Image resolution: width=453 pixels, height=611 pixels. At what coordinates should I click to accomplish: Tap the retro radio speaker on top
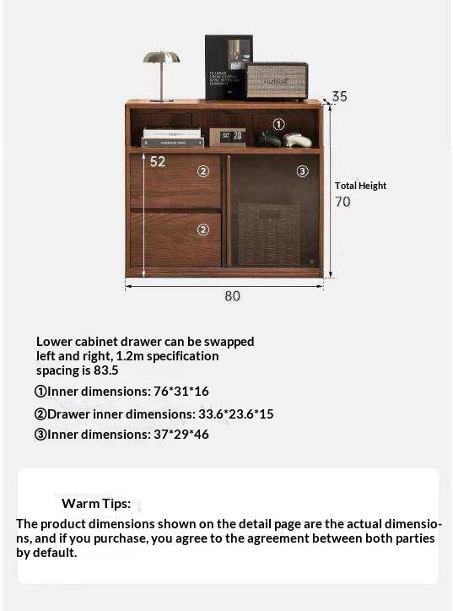point(277,80)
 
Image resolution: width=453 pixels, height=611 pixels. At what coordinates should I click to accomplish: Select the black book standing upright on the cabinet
point(228,67)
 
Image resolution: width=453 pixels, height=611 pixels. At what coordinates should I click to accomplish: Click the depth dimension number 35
point(339,96)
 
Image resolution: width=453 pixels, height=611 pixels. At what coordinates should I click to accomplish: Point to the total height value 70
point(342,202)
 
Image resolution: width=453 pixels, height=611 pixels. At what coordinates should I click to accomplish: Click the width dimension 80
point(232,296)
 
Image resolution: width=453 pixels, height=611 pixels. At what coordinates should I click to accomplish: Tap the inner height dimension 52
point(158,161)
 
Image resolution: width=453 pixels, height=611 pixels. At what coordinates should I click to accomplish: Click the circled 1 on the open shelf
point(278,124)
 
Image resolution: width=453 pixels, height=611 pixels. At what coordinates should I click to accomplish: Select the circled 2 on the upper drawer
point(202,171)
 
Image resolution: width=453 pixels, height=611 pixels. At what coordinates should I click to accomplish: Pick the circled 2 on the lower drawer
point(202,229)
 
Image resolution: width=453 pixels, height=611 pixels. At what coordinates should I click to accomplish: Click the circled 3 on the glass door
point(302,171)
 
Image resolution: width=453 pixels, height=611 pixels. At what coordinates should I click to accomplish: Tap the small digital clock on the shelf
point(227,137)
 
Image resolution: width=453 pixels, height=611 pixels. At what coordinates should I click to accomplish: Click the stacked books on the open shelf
point(173,138)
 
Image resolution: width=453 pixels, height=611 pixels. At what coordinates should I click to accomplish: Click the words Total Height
point(360,186)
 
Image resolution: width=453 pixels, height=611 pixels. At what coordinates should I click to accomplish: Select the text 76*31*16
point(181,392)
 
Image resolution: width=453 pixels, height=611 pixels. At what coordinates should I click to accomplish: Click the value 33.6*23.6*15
point(235,414)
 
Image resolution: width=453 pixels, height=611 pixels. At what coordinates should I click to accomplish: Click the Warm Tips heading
point(96,504)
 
